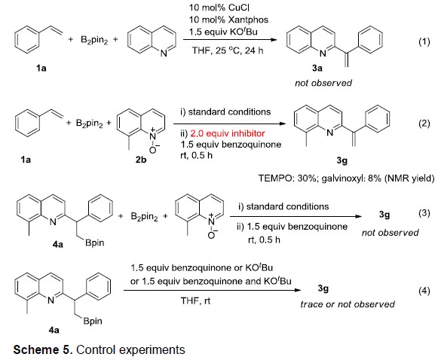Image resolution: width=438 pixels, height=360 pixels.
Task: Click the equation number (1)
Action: point(424,42)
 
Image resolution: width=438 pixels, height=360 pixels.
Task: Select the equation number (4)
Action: point(424,291)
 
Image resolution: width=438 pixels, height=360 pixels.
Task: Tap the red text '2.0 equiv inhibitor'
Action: point(228,133)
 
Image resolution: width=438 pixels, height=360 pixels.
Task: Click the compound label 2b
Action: point(141,160)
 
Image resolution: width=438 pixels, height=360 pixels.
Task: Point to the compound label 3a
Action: point(317,68)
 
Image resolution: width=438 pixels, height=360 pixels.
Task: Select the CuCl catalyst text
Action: point(238,8)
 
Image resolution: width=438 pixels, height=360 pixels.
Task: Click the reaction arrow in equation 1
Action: point(230,39)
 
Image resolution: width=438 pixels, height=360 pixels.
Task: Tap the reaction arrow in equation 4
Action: point(213,290)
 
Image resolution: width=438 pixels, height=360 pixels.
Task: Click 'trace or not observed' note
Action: point(348,304)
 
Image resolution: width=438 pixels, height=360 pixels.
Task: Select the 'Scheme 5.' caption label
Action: point(43,349)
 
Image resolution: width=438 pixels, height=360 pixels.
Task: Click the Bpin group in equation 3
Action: point(95,243)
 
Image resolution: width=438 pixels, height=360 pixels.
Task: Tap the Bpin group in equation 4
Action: point(93,321)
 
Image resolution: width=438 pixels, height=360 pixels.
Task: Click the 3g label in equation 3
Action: point(384,215)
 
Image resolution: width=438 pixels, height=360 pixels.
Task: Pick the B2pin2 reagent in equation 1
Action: point(94,40)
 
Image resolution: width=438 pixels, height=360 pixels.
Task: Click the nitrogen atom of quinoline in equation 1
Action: point(164,53)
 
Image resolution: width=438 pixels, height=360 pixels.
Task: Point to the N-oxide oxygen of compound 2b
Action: point(153,150)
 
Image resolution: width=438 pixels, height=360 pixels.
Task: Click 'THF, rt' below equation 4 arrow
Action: point(195,301)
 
